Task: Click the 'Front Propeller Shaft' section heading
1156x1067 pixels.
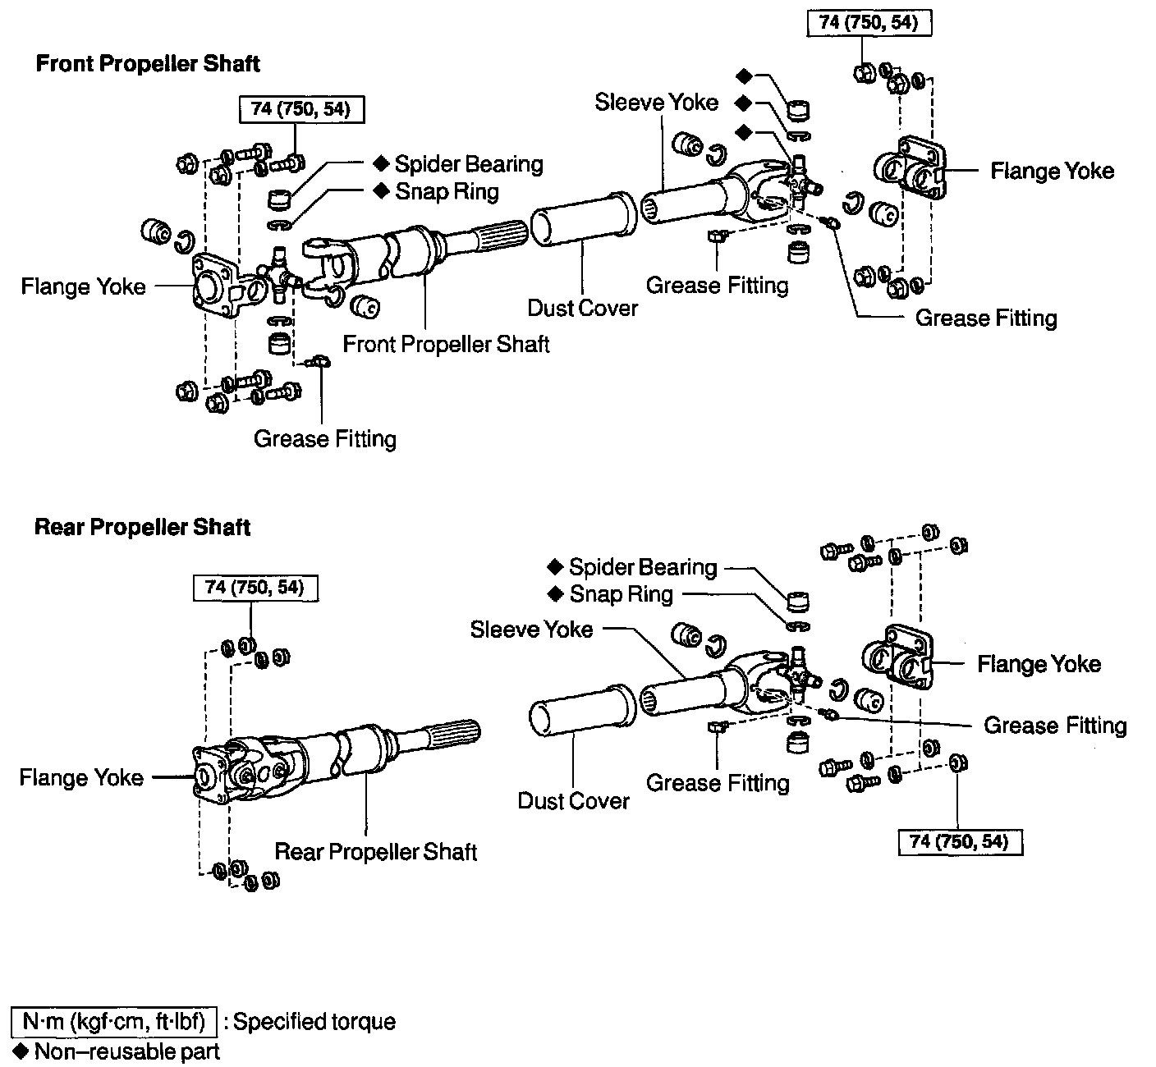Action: (148, 64)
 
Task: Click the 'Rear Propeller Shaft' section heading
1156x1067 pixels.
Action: (142, 527)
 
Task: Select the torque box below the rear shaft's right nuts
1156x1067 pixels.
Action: (960, 842)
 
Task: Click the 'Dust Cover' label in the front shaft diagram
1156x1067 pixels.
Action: (582, 308)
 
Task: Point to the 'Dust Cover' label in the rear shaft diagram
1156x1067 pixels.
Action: (573, 801)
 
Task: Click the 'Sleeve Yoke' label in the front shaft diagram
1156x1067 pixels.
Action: (656, 103)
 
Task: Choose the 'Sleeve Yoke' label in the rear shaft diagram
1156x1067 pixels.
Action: (531, 630)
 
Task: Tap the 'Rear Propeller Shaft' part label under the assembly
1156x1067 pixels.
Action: (375, 852)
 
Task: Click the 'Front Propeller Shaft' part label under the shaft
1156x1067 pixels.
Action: (446, 344)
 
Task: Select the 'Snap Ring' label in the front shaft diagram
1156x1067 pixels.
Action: (447, 192)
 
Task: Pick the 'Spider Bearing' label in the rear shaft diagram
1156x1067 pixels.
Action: (642, 567)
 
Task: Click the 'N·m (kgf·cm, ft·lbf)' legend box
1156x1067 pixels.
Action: (114, 1022)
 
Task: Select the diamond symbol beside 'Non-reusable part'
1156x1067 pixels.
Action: (21, 1051)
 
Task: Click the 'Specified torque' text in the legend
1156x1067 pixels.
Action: (314, 1022)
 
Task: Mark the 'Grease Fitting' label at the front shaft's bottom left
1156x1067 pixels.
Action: (325, 439)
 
